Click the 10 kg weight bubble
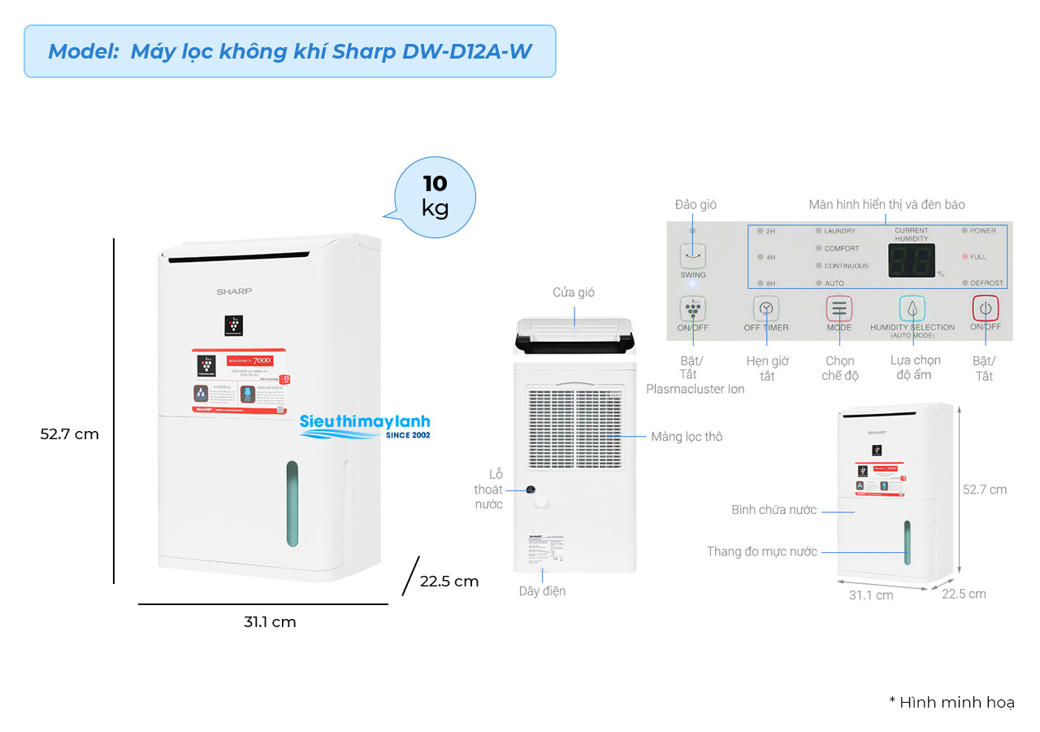pyautogui.click(x=435, y=196)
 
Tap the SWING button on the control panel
pyautogui.click(x=693, y=256)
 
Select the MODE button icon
pyautogui.click(x=839, y=309)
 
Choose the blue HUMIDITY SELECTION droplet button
pyautogui.click(x=912, y=309)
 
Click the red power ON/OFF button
pyautogui.click(x=986, y=309)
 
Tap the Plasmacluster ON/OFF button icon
pyautogui.click(x=693, y=309)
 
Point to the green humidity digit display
pyautogui.click(x=911, y=260)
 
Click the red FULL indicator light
pyautogui.click(x=965, y=257)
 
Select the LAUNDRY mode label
pyautogui.click(x=839, y=231)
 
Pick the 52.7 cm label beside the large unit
pyautogui.click(x=70, y=434)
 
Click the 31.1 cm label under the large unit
pyautogui.click(x=270, y=622)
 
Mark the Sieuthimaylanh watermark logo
pyautogui.click(x=365, y=425)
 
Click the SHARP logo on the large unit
pyautogui.click(x=234, y=290)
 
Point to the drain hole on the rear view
pyautogui.click(x=531, y=490)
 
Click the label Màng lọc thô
pyautogui.click(x=687, y=437)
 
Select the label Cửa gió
pyautogui.click(x=574, y=292)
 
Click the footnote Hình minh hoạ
pyautogui.click(x=951, y=702)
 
